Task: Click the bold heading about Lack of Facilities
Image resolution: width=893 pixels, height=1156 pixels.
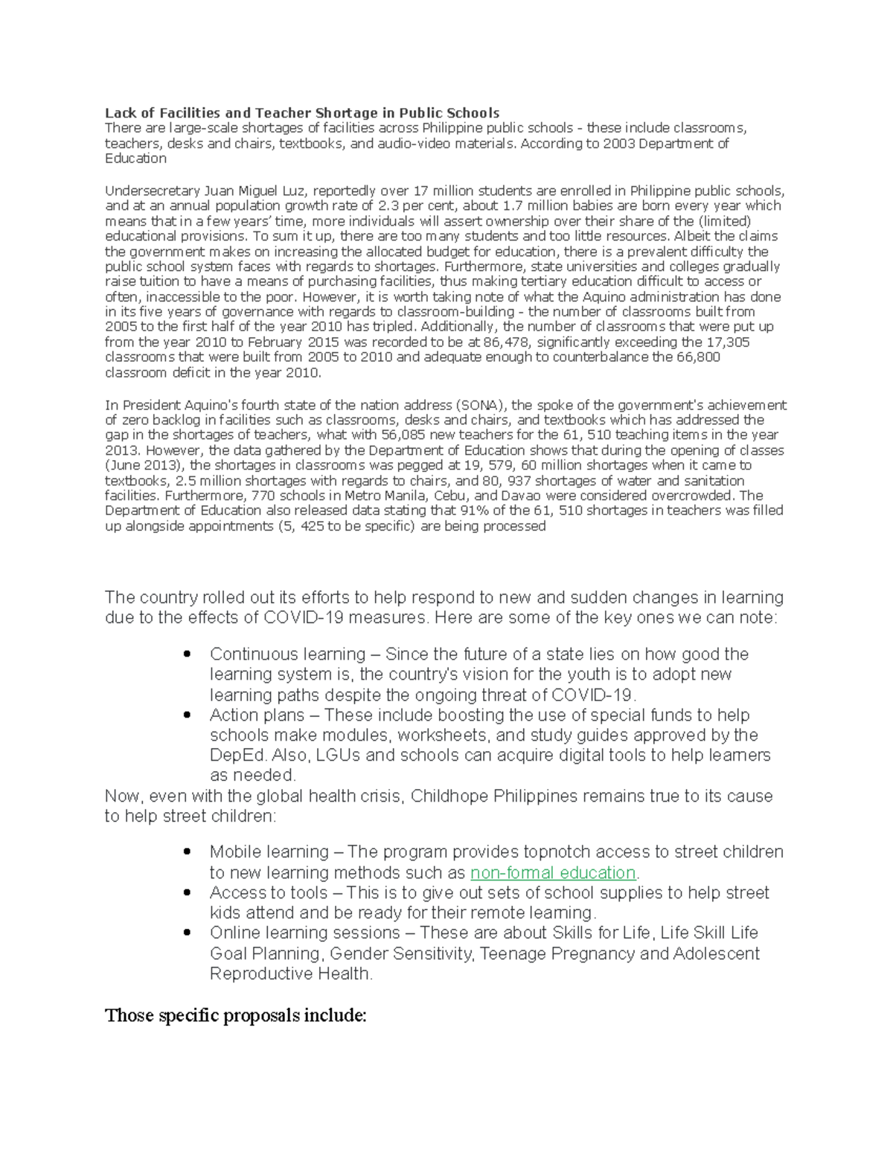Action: (x=301, y=113)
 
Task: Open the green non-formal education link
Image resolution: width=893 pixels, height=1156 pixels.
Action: (x=553, y=872)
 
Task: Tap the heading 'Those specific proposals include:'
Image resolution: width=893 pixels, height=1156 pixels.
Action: (x=236, y=1015)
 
